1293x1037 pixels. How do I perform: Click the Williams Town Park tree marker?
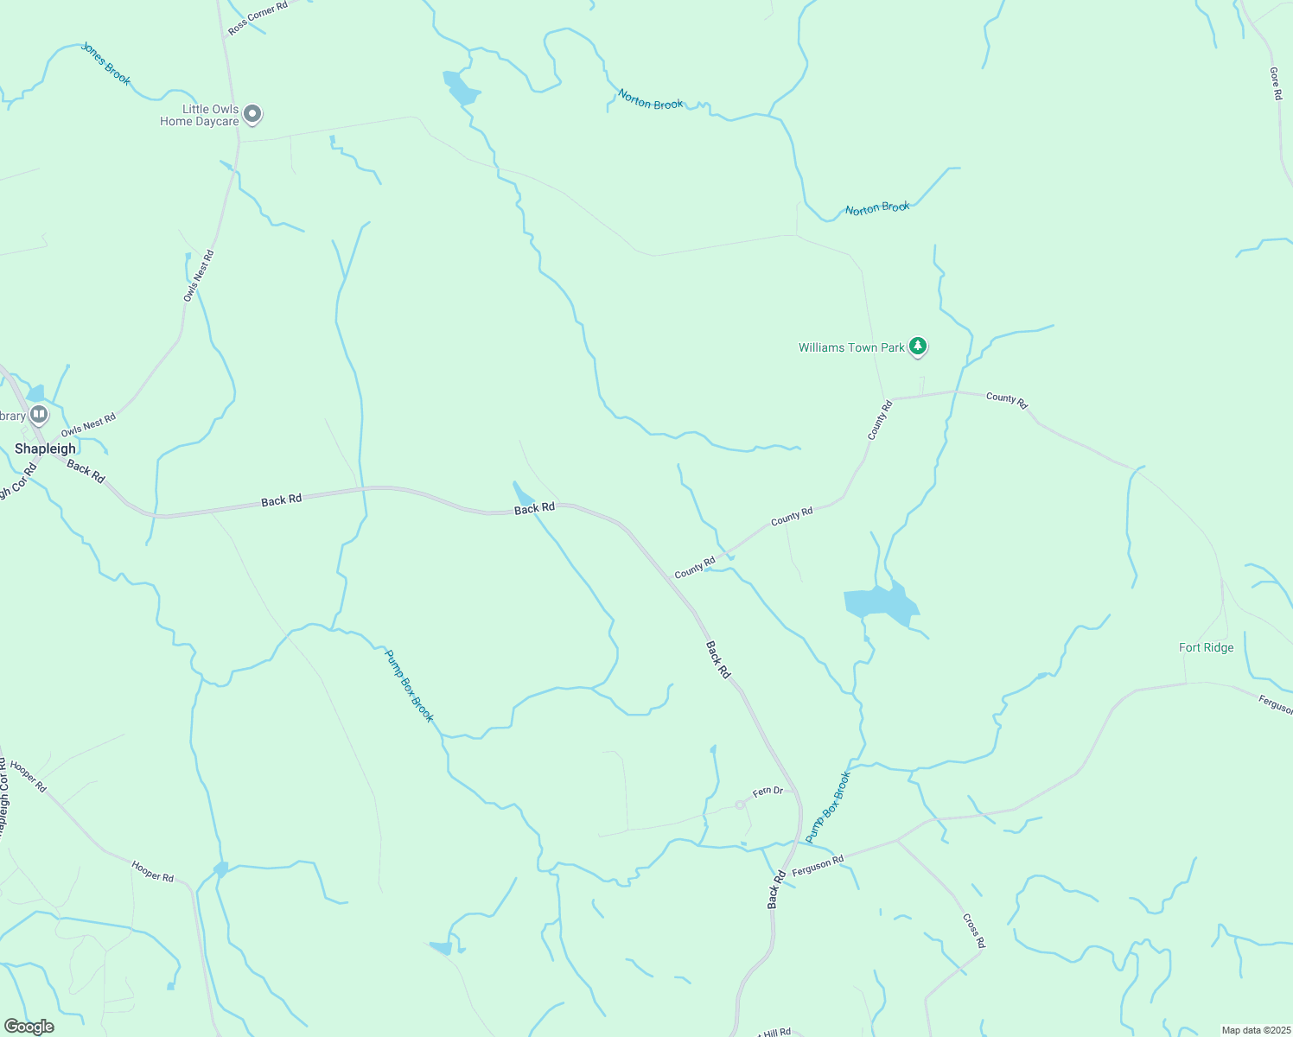(918, 347)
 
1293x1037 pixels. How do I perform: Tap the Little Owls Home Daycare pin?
(252, 113)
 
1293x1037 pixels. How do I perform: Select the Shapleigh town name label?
(46, 449)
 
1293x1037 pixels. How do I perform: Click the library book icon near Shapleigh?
(39, 415)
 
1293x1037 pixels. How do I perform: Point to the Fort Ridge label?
(1206, 647)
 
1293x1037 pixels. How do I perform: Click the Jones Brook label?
(105, 64)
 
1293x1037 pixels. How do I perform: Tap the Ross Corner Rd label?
(258, 18)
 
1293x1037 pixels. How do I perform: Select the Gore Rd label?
(1276, 84)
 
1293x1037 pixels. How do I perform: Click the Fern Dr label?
(768, 791)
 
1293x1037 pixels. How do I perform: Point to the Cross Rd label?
(973, 930)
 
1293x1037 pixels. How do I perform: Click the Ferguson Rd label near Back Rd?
(818, 865)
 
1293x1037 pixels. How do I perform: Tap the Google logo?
(29, 1027)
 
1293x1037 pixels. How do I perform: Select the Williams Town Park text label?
(850, 347)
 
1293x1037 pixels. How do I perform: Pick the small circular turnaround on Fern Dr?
(740, 805)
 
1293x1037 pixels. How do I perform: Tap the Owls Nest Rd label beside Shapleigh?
(88, 424)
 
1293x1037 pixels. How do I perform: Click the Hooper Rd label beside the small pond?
(153, 870)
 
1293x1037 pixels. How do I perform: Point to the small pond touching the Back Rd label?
(523, 495)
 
